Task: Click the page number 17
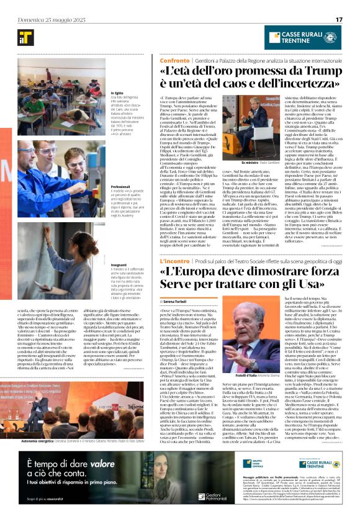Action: tap(339, 19)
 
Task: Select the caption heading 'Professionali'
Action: tap(121, 186)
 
